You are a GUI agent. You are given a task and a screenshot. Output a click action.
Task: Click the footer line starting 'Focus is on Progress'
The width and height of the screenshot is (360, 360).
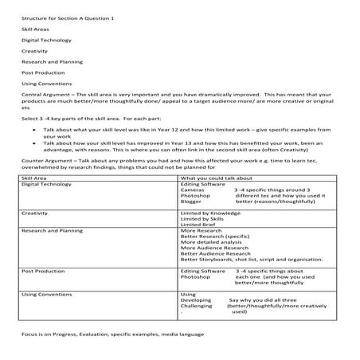tap(101, 334)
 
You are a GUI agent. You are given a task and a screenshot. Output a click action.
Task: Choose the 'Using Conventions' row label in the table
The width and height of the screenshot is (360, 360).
tap(45, 294)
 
